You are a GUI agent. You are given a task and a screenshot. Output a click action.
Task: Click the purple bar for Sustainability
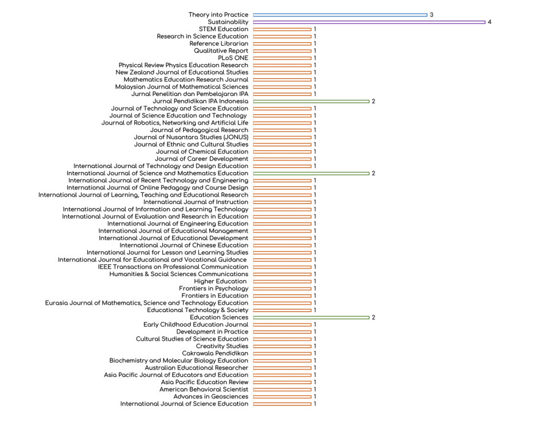click(x=369, y=22)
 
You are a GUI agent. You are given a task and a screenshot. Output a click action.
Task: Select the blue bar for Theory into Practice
click(x=340, y=15)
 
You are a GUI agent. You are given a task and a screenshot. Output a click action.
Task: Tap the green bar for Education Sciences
click(x=311, y=318)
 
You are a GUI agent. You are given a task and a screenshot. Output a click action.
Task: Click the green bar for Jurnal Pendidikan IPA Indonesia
click(x=311, y=101)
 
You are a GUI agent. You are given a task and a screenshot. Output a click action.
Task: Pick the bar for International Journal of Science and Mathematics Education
click(x=311, y=173)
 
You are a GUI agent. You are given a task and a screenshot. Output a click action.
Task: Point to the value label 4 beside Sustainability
click(x=490, y=22)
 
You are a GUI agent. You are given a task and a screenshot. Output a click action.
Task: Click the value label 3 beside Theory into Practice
click(x=432, y=15)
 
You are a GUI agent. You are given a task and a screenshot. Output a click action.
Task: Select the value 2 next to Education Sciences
click(x=373, y=318)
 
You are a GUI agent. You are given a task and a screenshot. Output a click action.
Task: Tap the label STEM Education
click(x=223, y=29)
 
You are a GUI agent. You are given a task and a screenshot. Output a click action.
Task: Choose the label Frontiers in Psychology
click(x=213, y=289)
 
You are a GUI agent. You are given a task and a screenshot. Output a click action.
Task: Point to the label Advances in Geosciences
click(x=210, y=397)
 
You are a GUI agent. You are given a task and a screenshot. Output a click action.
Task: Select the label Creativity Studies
click(x=222, y=346)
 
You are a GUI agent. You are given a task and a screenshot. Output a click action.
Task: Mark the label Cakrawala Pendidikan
click(x=215, y=354)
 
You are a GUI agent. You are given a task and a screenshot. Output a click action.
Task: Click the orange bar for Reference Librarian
click(x=282, y=43)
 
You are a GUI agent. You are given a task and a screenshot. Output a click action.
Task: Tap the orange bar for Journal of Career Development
click(x=282, y=159)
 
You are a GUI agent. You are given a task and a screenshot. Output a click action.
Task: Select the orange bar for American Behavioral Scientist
click(x=282, y=390)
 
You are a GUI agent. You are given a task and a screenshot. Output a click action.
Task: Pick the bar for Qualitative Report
click(x=282, y=51)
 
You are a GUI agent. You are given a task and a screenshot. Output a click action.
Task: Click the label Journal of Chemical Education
click(x=202, y=151)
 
